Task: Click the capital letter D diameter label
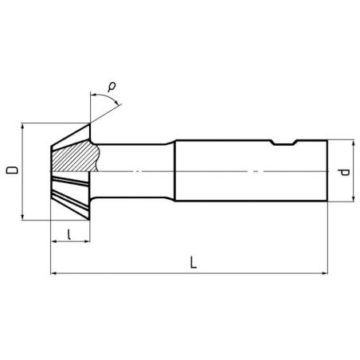pyautogui.click(x=11, y=170)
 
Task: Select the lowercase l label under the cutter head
pyautogui.click(x=71, y=233)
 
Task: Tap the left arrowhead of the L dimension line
pyautogui.click(x=53, y=273)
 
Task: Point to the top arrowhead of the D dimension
pyautogui.click(x=24, y=126)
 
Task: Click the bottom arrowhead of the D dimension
pyautogui.click(x=24, y=217)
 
